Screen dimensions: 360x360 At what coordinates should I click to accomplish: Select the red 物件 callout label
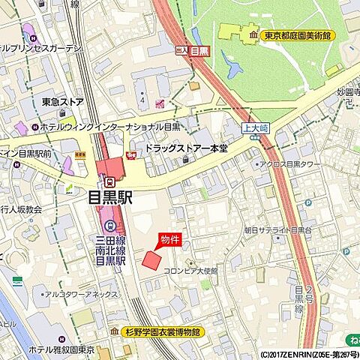coord(169,239)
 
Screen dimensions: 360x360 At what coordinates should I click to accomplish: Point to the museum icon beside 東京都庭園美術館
coord(255,34)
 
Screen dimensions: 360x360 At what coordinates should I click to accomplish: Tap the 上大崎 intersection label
coord(256,128)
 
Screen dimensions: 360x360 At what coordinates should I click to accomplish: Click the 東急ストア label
coord(62,101)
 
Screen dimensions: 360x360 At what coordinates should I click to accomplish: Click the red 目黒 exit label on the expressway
coord(199,51)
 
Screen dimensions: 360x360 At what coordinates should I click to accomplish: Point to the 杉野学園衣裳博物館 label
coord(161,331)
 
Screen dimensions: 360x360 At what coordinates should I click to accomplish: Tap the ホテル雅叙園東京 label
coord(61,349)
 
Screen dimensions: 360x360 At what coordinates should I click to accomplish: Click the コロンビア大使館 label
coord(190,271)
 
